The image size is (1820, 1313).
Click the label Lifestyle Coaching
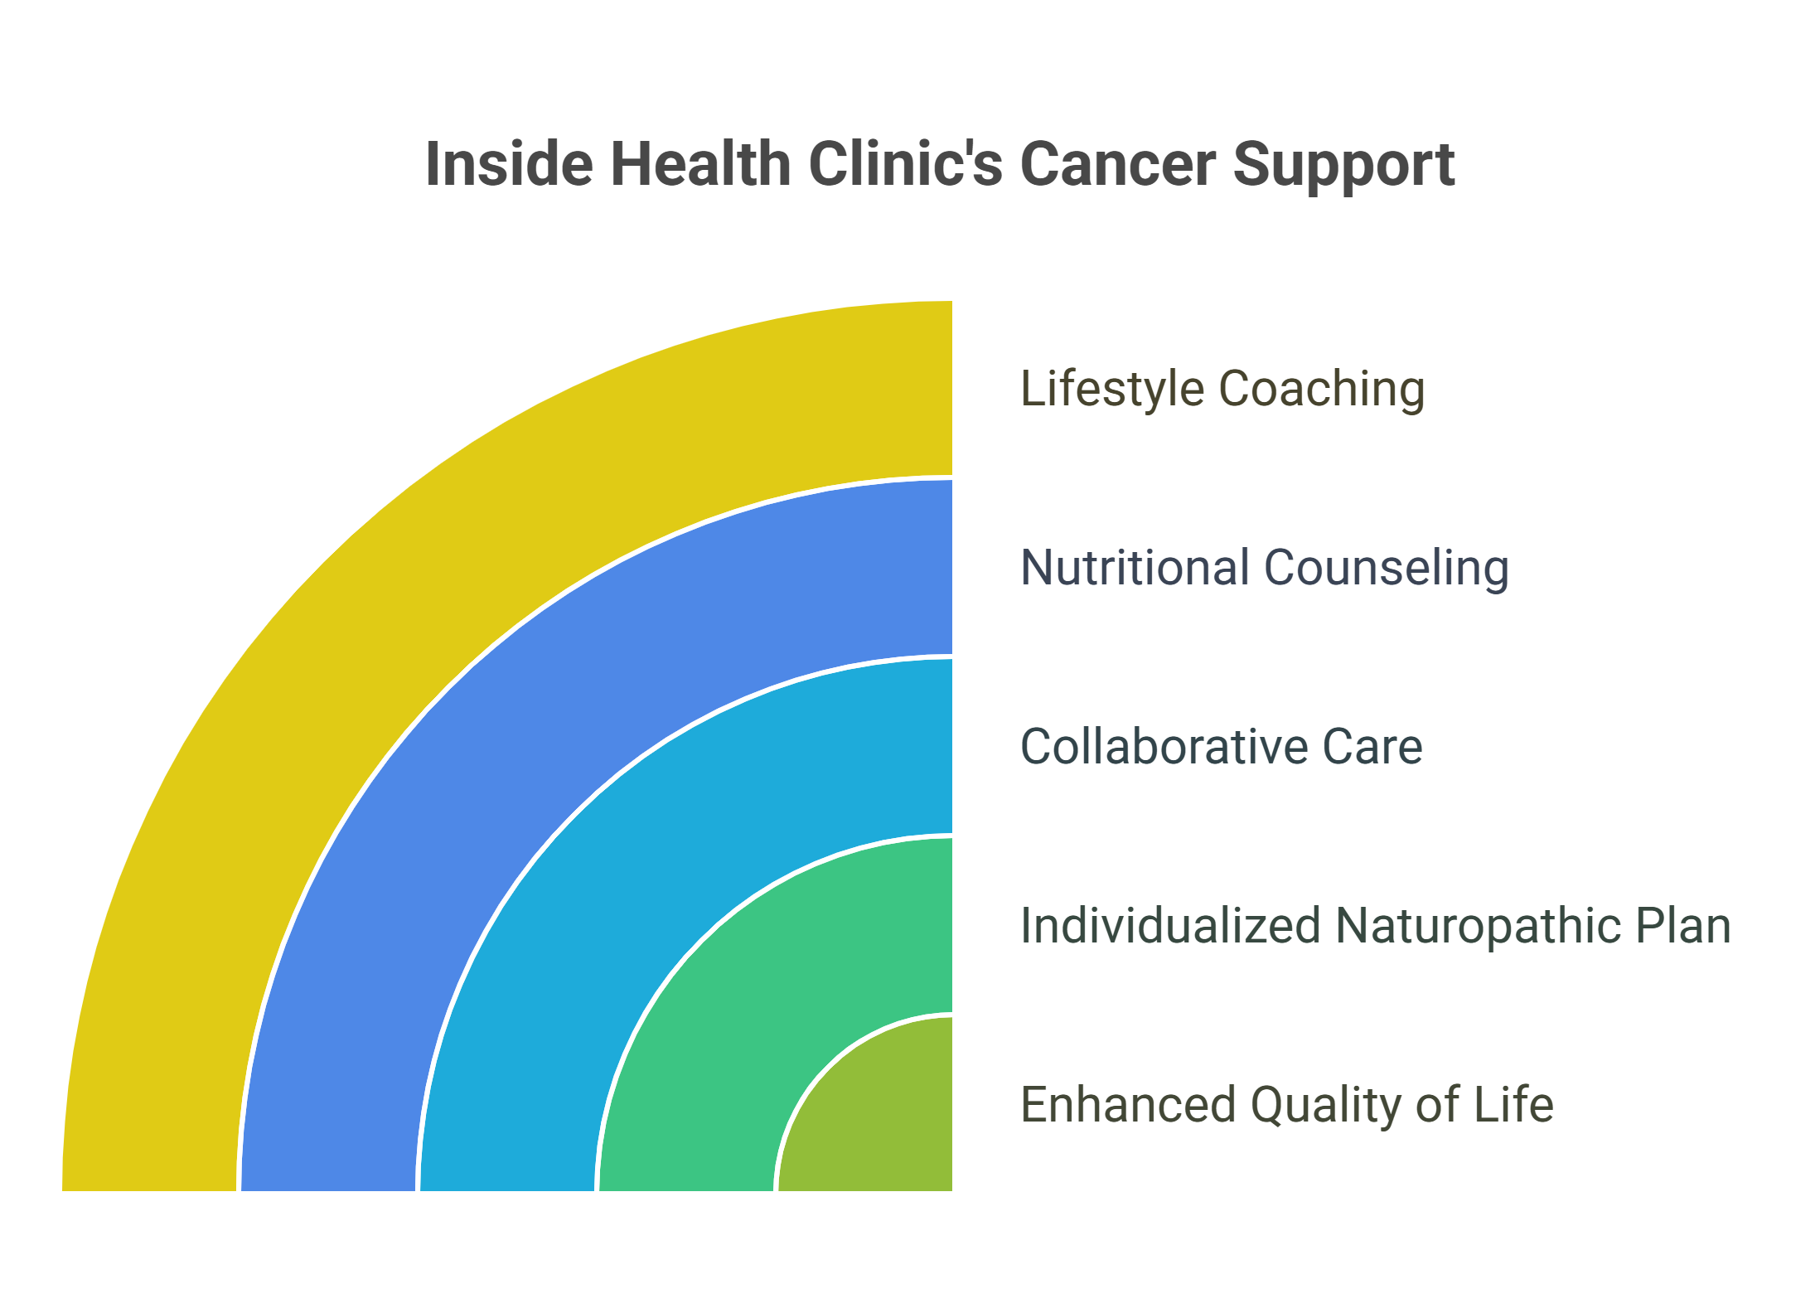tap(1222, 389)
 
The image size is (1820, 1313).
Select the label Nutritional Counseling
tap(1265, 568)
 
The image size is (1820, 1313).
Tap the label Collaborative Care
tap(1222, 746)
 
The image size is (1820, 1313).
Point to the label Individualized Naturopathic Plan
tap(1376, 926)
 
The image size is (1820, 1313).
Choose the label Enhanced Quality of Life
tap(1287, 1105)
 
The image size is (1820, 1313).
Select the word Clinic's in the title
tap(906, 164)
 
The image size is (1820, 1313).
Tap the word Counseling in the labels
tap(1387, 569)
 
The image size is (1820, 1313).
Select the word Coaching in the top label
tap(1322, 390)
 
